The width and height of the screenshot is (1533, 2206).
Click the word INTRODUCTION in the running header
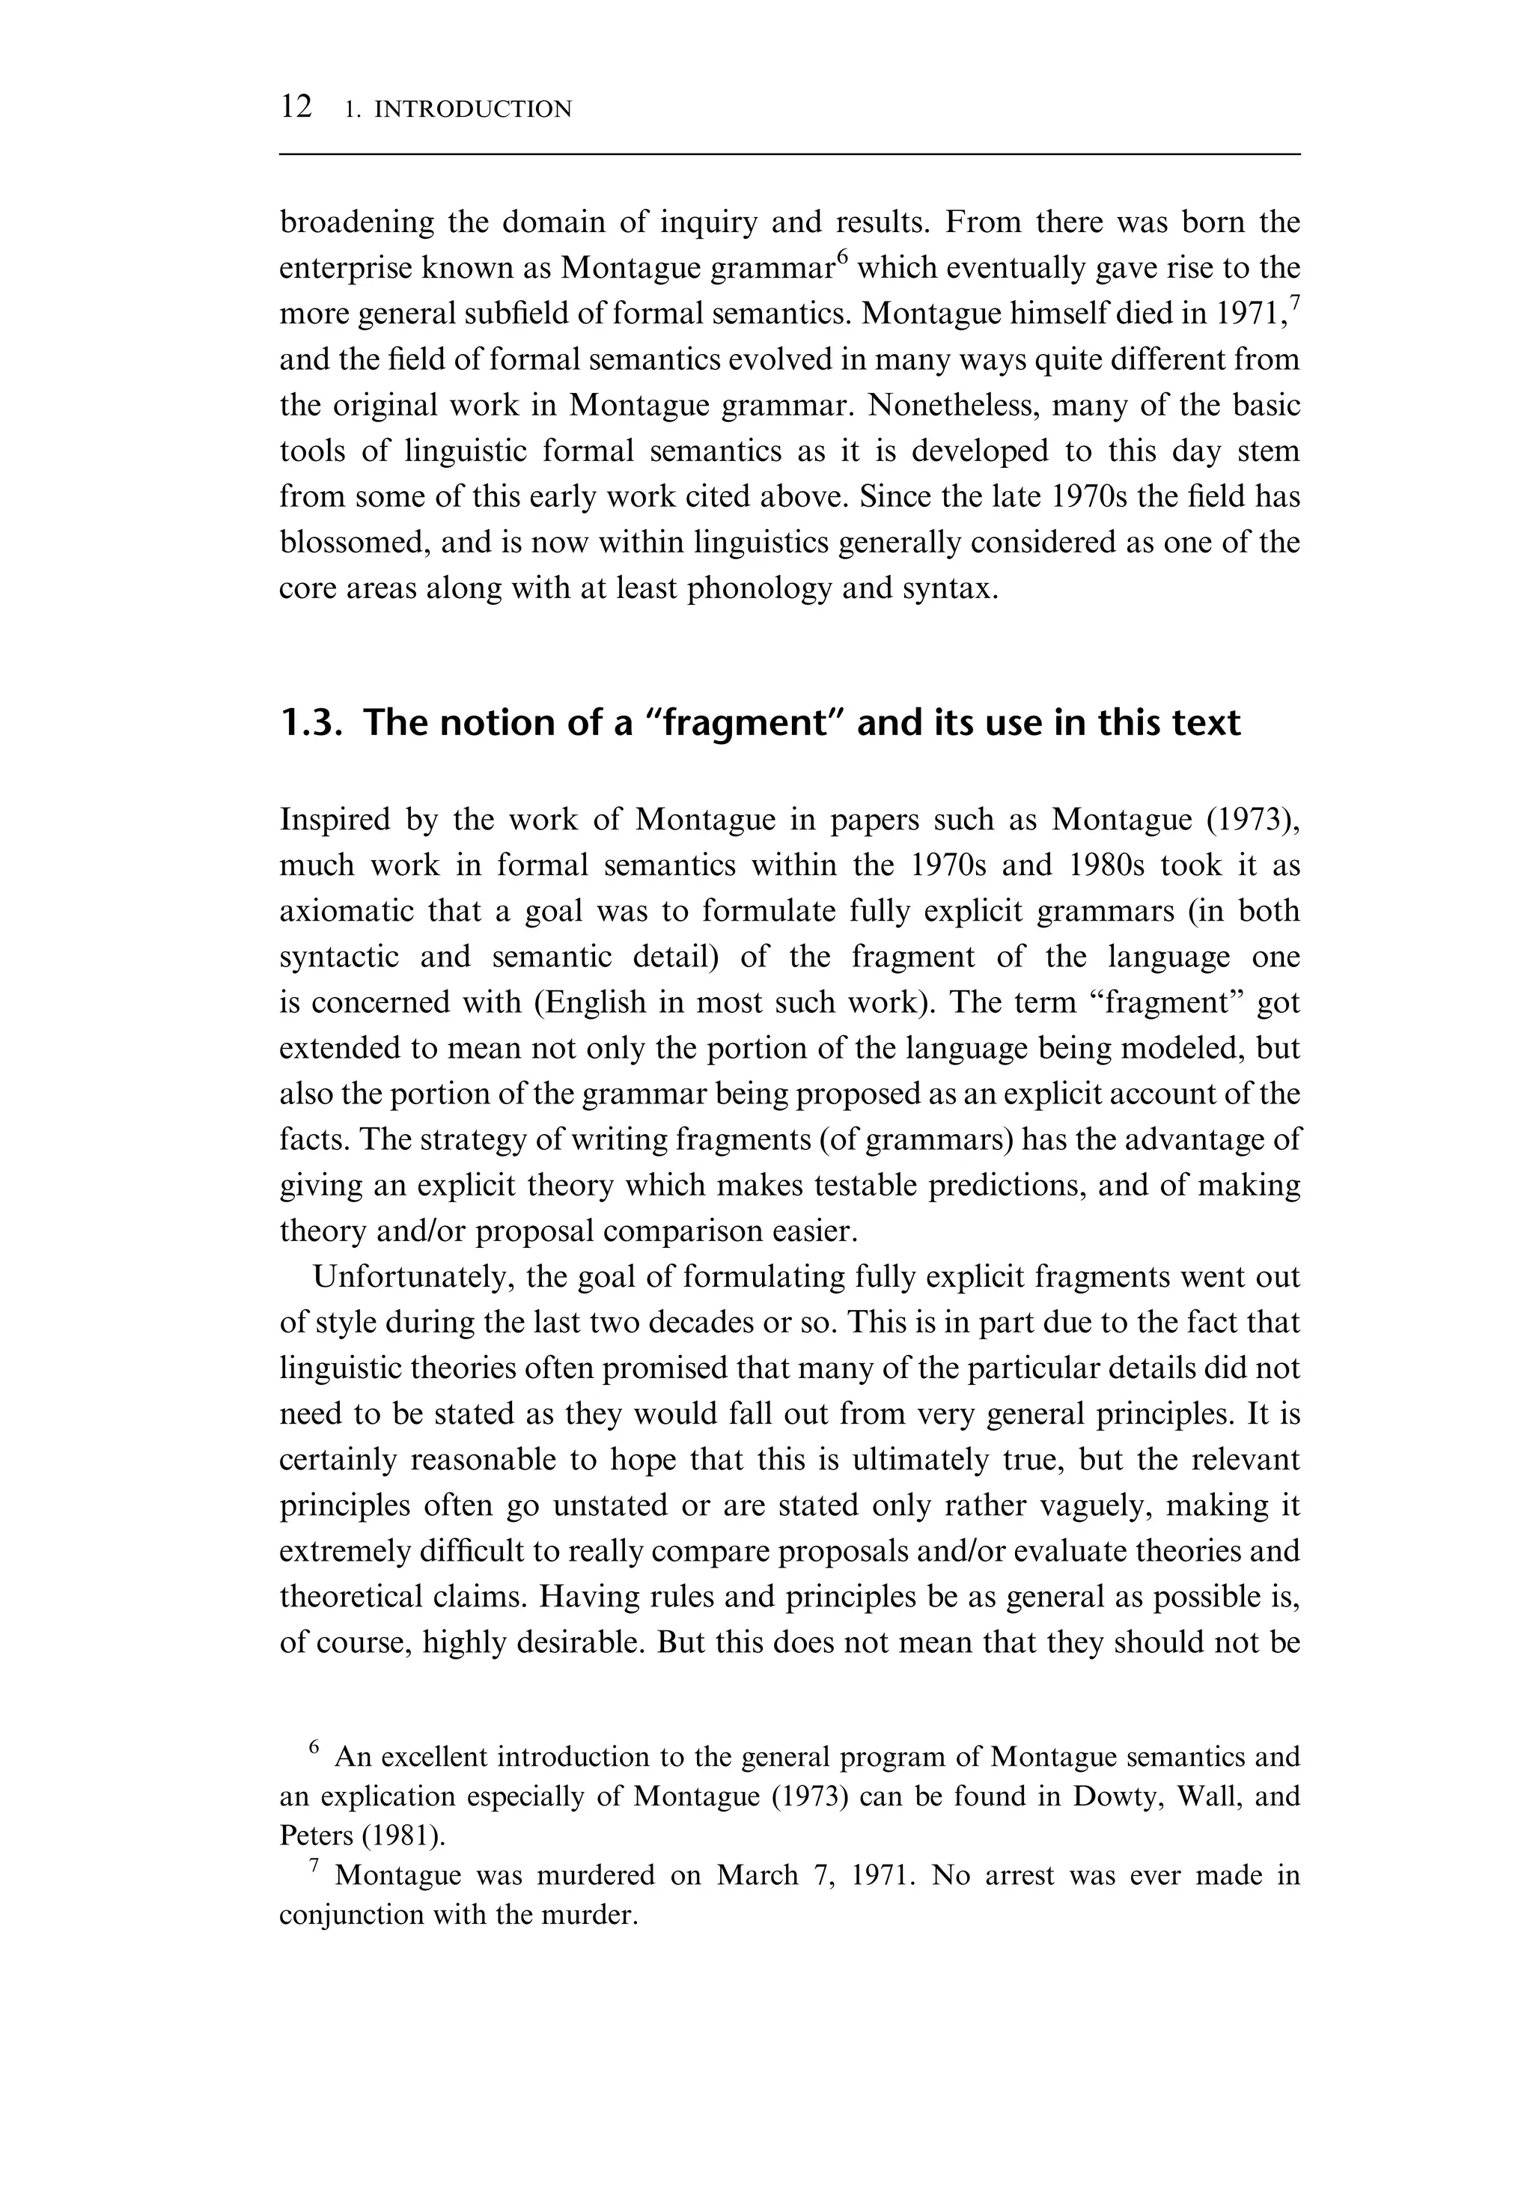472,109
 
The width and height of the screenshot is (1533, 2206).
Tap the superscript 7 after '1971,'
1295,302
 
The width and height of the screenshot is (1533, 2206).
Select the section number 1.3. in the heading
310,722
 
